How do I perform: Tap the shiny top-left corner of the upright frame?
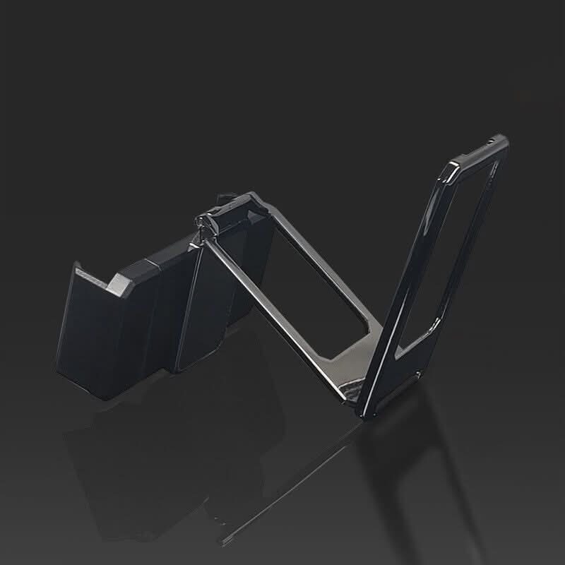pyautogui.click(x=453, y=167)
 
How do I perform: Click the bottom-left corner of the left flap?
pyautogui.click(x=59, y=364)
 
